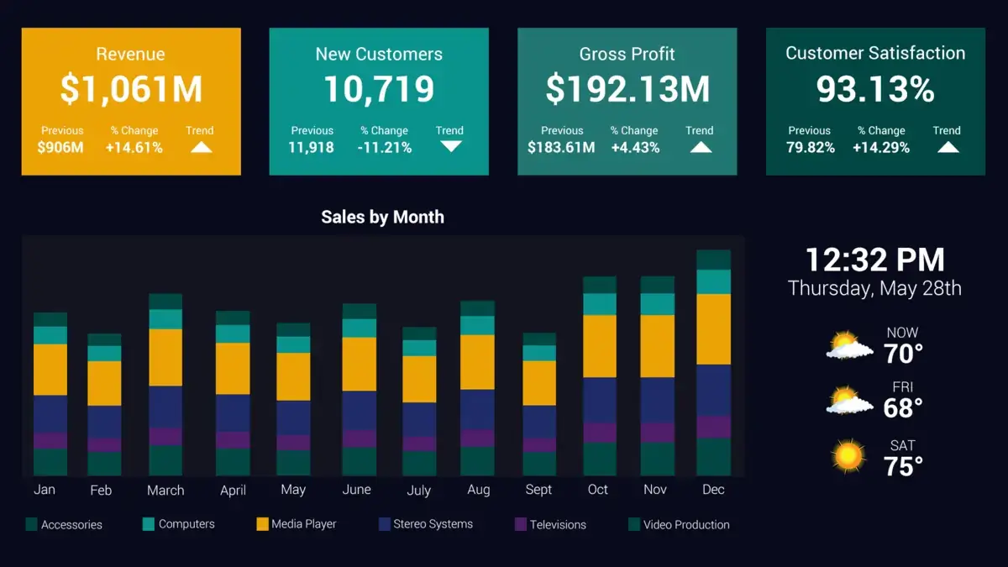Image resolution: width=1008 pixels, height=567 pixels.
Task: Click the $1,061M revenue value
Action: (131, 90)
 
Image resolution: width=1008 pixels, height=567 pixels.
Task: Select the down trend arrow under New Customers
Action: (451, 146)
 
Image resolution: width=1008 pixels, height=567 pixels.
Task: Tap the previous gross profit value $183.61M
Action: (561, 148)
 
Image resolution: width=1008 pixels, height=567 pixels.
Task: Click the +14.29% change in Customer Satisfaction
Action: (881, 148)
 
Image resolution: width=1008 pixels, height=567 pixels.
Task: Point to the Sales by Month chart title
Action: (382, 217)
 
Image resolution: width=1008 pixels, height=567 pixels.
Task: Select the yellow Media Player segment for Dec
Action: (713, 329)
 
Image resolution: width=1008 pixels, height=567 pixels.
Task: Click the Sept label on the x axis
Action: (538, 490)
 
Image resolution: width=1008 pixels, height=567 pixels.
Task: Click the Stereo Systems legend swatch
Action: (386, 524)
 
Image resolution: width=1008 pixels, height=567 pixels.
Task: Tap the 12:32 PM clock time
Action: (874, 260)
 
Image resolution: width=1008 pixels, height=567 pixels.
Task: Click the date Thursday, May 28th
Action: (874, 289)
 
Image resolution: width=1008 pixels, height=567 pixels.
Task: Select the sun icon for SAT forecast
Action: (848, 456)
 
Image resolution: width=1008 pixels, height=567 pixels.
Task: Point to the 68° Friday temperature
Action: (903, 408)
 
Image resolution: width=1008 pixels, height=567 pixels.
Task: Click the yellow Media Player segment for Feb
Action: (104, 383)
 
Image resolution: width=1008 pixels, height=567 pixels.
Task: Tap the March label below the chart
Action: (165, 490)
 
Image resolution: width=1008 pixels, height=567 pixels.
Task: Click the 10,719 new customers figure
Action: (379, 90)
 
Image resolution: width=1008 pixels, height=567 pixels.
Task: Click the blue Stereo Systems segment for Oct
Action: (599, 400)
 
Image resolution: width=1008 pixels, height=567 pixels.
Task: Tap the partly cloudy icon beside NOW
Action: (848, 346)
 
